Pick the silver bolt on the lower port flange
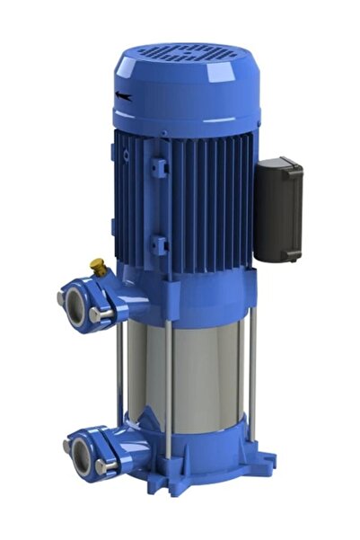100,466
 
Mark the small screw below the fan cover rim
126,155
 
